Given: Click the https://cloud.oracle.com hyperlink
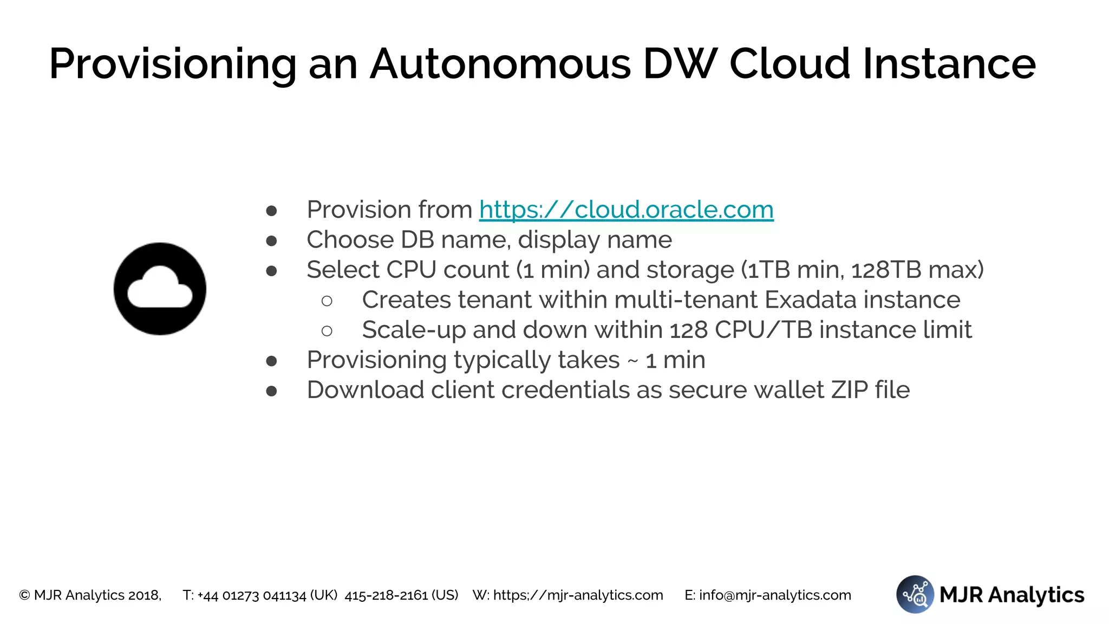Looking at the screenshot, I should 626,210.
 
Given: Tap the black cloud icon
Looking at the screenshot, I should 160,289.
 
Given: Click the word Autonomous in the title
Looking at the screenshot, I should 500,64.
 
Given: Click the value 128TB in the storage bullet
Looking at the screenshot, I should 886,270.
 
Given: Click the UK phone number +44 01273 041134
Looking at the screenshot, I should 252,595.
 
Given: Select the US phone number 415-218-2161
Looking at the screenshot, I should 386,595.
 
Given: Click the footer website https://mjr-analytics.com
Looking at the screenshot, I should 578,595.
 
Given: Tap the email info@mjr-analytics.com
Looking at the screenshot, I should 775,595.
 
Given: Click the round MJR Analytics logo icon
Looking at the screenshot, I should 915,594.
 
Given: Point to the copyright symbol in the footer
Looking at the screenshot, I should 24,595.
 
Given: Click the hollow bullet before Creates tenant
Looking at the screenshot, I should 327,301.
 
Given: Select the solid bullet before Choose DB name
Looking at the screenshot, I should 272,240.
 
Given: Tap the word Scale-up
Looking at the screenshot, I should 414,330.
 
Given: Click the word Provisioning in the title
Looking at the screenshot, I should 173,64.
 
